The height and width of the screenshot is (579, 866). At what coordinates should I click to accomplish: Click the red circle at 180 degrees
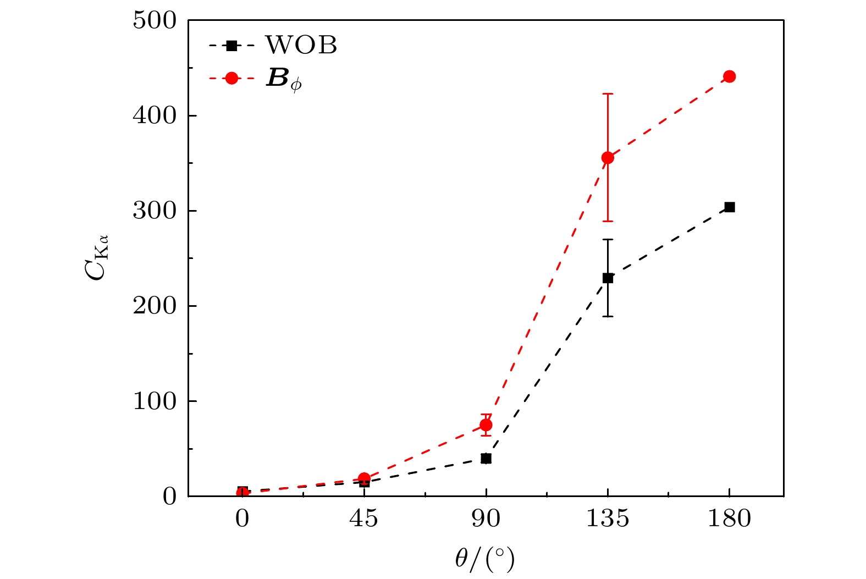(729, 76)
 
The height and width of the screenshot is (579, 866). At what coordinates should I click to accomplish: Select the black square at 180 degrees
(729, 207)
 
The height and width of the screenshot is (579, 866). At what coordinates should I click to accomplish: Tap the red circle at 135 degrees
(608, 158)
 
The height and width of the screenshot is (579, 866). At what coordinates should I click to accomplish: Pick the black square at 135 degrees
(608, 278)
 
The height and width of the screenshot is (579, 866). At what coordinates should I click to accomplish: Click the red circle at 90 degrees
(486, 425)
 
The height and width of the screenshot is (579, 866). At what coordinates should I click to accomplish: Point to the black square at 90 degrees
(486, 459)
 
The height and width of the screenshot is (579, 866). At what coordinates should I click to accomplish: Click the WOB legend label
(301, 45)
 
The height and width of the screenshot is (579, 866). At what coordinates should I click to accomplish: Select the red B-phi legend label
(284, 79)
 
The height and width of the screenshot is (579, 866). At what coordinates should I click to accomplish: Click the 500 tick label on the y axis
(155, 21)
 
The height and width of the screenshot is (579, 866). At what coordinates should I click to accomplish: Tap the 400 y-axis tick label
(155, 116)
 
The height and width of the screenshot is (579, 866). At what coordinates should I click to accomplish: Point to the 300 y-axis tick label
(155, 211)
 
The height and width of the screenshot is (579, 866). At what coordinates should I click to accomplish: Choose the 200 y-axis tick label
(155, 306)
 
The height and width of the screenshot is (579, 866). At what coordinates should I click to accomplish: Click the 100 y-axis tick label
(155, 401)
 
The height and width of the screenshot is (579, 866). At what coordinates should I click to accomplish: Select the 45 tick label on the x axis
(364, 519)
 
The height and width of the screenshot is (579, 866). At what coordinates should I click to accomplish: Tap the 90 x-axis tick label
(486, 519)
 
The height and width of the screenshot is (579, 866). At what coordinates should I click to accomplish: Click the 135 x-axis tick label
(608, 519)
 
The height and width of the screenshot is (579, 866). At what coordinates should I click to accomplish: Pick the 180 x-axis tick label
(729, 519)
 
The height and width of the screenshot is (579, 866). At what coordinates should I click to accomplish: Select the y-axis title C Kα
(97, 258)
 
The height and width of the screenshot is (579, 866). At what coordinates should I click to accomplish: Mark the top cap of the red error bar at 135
(608, 94)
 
